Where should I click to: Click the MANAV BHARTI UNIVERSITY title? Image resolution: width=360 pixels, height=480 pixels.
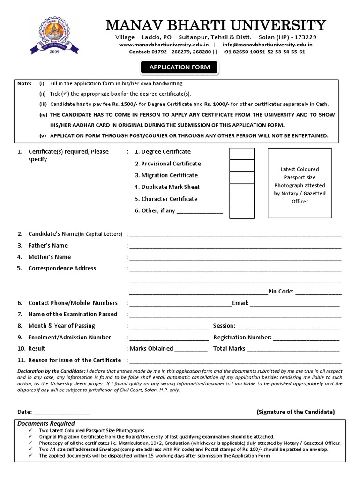tap(216, 25)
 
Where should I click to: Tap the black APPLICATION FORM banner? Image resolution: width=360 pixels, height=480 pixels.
tap(180, 67)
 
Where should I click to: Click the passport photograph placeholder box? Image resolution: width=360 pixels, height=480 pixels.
tap(300, 183)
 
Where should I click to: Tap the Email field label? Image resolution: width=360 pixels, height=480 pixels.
tap(240, 303)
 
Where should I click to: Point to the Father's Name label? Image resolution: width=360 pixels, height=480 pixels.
tap(48, 245)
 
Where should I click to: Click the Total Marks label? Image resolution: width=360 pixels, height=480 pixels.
tap(229, 349)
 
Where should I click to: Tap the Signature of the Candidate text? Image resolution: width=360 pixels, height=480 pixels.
tap(295, 412)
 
